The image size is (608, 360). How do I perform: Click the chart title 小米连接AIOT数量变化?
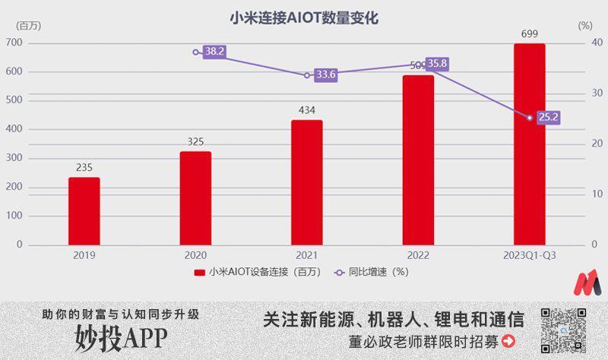[304, 17]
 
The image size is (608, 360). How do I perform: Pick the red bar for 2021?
[306, 182]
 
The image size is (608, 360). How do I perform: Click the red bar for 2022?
[418, 159]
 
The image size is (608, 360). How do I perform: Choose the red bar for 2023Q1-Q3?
[530, 144]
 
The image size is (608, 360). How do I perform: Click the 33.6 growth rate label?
[326, 74]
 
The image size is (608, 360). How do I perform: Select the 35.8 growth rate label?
[437, 64]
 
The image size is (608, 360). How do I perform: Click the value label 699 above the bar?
[530, 34]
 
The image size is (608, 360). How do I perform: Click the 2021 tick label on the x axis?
[306, 256]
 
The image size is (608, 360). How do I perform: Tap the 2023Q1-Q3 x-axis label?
[530, 256]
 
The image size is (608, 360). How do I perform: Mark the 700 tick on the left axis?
[14, 43]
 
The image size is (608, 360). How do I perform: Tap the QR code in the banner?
[563, 330]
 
